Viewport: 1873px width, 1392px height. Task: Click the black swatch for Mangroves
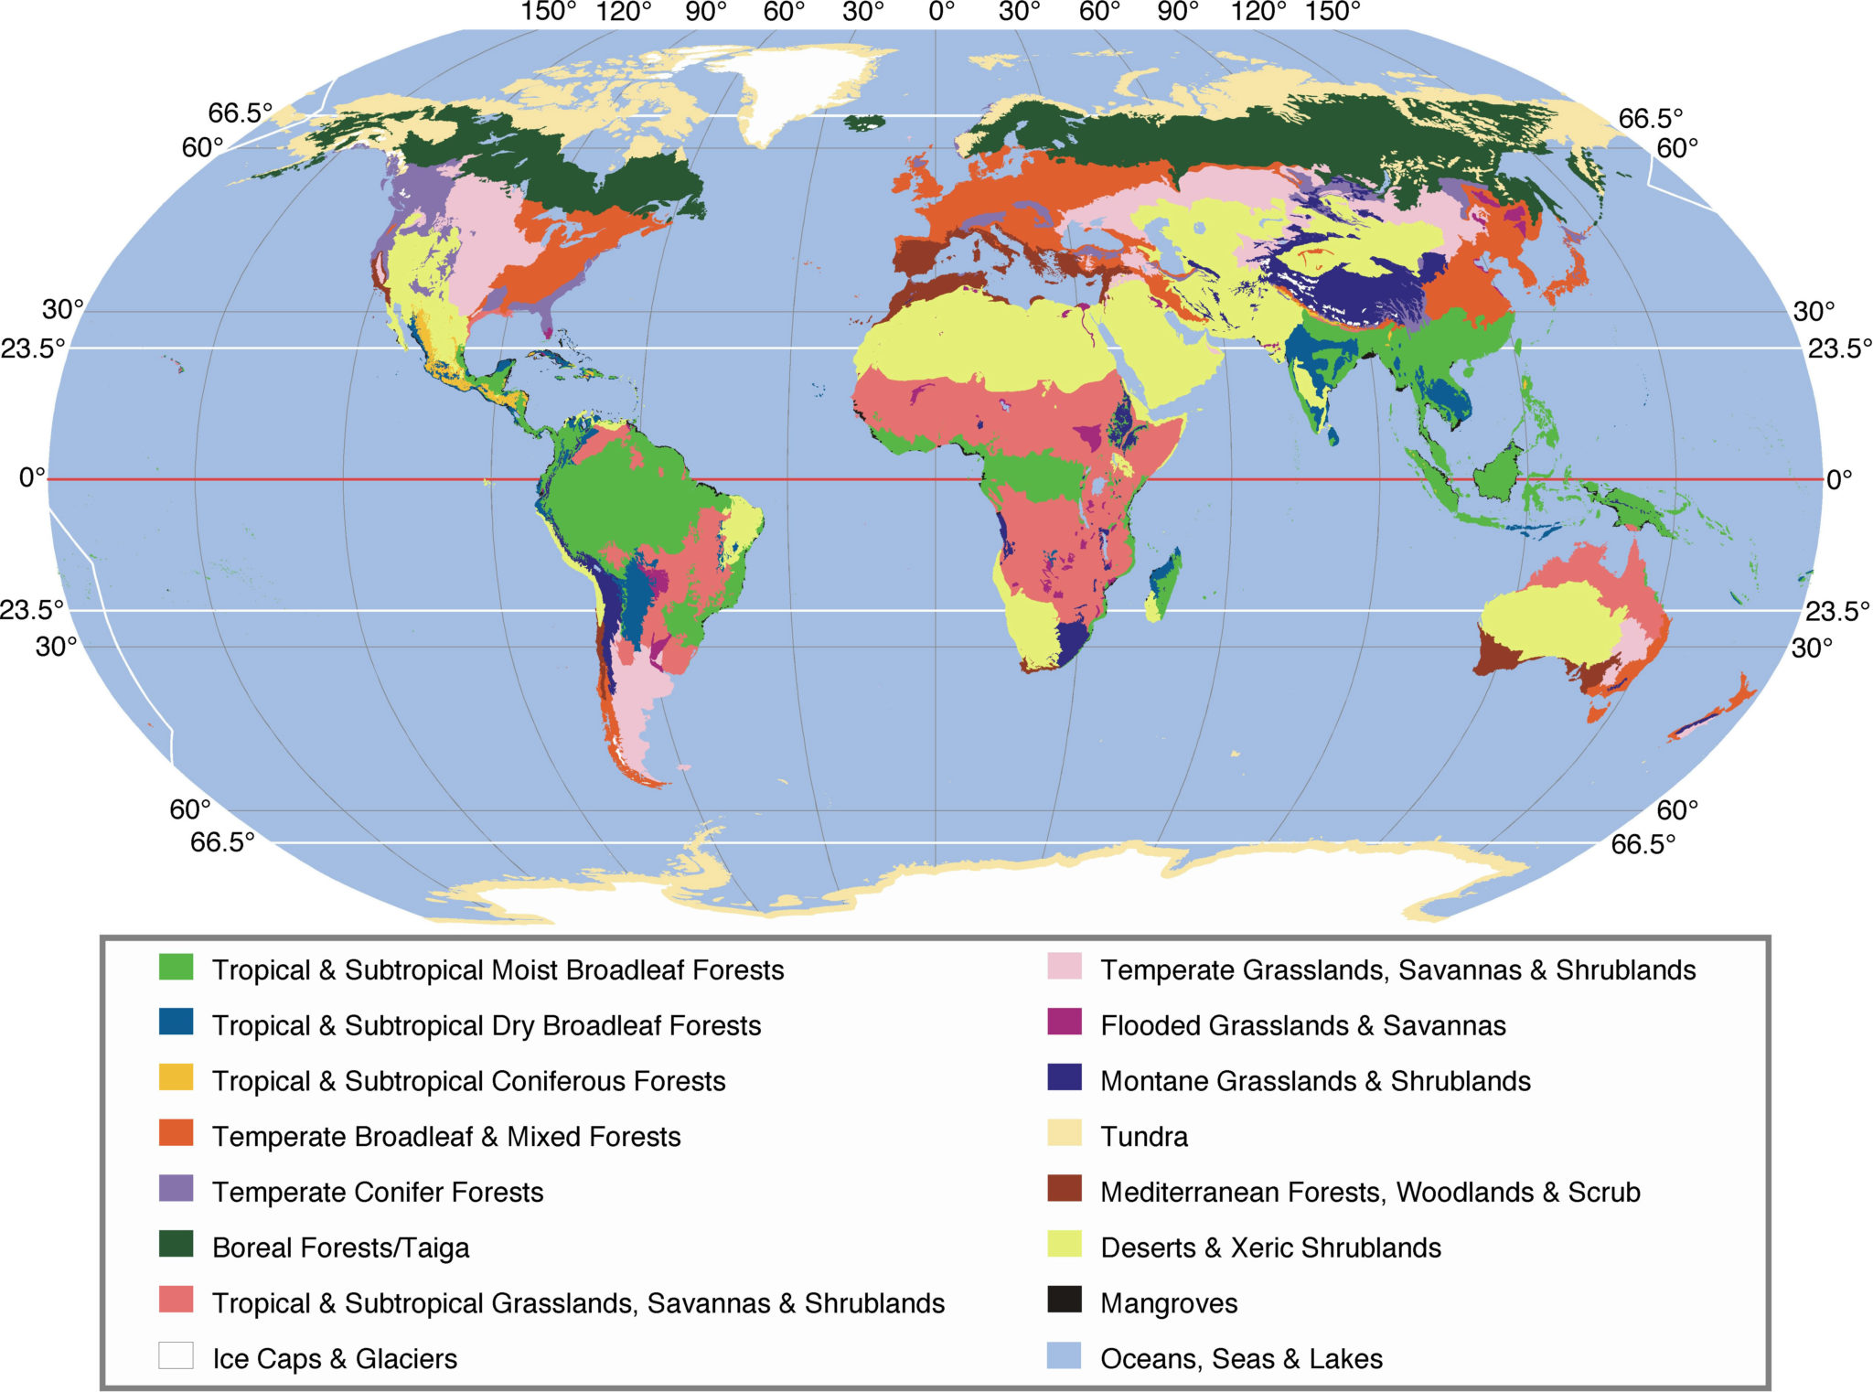click(x=1064, y=1300)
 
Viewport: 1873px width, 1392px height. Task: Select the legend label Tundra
click(x=1143, y=1137)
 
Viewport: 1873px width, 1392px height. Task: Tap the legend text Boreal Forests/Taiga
click(x=340, y=1248)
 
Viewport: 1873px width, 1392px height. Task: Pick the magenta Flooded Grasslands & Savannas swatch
click(x=1064, y=1022)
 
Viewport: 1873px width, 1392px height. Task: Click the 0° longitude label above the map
click(x=941, y=12)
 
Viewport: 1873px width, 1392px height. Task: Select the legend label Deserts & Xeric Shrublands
click(x=1270, y=1248)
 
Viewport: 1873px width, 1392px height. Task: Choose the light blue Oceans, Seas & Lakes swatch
click(x=1064, y=1355)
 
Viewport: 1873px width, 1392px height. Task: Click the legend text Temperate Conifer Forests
click(x=377, y=1193)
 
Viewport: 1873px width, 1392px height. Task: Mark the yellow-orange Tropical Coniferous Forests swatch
click(x=176, y=1077)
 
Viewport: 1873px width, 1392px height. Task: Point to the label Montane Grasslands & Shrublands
click(x=1314, y=1081)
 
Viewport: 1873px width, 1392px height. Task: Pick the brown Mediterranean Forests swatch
click(x=1064, y=1189)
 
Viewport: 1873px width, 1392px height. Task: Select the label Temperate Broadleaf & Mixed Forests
click(x=446, y=1137)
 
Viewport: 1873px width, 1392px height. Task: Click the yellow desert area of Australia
click(x=1546, y=622)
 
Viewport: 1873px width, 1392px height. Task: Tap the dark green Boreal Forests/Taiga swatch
click(x=176, y=1244)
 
